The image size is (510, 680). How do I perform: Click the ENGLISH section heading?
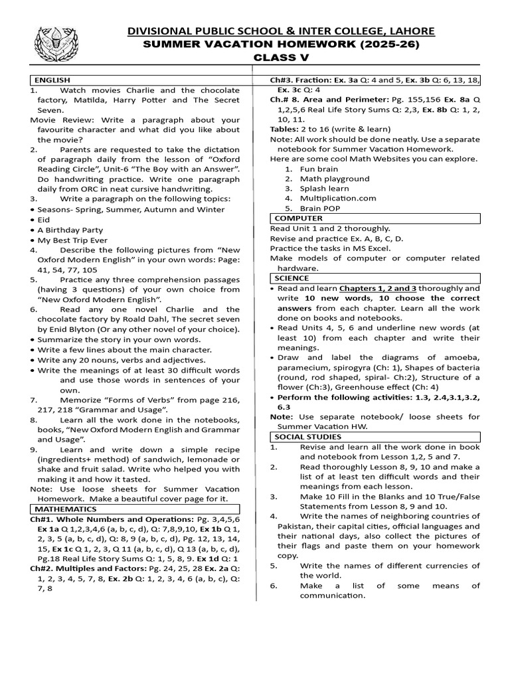click(x=52, y=80)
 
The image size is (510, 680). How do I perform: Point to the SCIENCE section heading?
click(x=292, y=278)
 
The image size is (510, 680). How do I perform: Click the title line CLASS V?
click(x=282, y=58)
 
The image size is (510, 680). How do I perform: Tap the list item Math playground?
click(x=334, y=179)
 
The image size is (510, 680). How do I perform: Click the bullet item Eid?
click(x=43, y=219)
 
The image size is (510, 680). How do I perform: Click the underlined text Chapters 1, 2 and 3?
click(x=377, y=289)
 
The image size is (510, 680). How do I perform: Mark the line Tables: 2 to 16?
click(x=330, y=129)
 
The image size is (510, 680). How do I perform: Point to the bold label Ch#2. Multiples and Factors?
click(x=88, y=569)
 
